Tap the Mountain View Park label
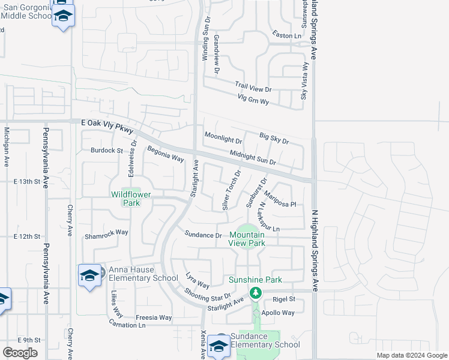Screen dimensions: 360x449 (247, 239)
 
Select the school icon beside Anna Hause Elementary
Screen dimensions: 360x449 (89, 275)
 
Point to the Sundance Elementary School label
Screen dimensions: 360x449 (265, 340)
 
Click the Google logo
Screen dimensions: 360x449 (20, 353)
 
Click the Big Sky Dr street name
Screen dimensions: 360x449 (274, 139)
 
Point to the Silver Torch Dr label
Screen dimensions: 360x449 (231, 190)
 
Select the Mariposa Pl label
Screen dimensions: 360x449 (280, 200)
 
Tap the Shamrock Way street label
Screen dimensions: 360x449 (106, 232)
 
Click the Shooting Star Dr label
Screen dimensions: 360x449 (208, 294)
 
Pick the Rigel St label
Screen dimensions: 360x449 (284, 299)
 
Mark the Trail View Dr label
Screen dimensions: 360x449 (253, 88)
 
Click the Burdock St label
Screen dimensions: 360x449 (106, 151)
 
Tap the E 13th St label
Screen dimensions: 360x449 (26, 181)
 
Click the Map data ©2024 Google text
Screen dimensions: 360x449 (412, 355)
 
